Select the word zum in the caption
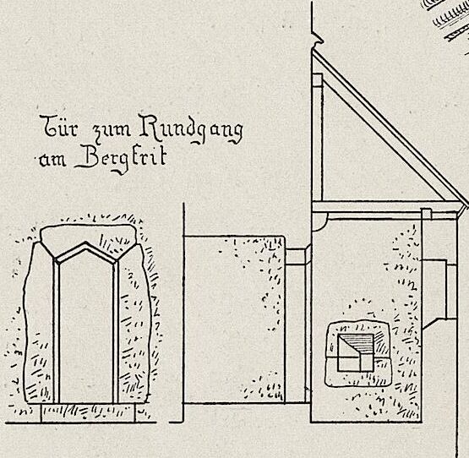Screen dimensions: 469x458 pyautogui.click(x=112, y=130)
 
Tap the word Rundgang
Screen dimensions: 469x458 pyautogui.click(x=191, y=129)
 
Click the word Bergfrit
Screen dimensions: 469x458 pyautogui.click(x=121, y=159)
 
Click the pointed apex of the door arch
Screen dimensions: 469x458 pyautogui.click(x=86, y=243)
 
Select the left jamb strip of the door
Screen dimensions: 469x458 pyautogui.click(x=57, y=331)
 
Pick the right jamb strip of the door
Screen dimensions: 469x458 pyautogui.click(x=116, y=331)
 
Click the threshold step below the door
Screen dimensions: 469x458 pyautogui.click(x=88, y=413)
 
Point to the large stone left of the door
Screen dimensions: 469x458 pyautogui.click(x=39, y=323)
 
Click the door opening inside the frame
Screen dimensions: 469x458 pyautogui.click(x=86, y=329)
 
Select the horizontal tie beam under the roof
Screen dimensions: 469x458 pyautogui.click(x=386, y=207)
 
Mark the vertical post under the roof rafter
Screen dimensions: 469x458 pyautogui.click(x=317, y=137)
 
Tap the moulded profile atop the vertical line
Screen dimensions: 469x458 pyautogui.click(x=317, y=38)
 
